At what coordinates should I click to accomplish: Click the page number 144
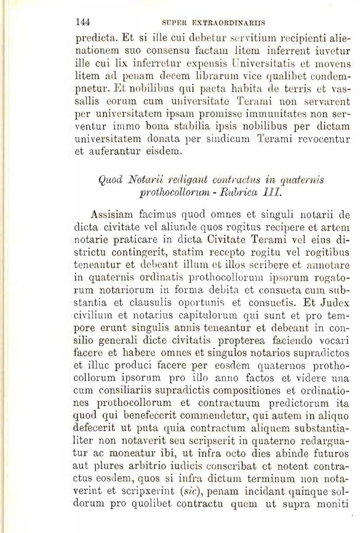pyautogui.click(x=83, y=22)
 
